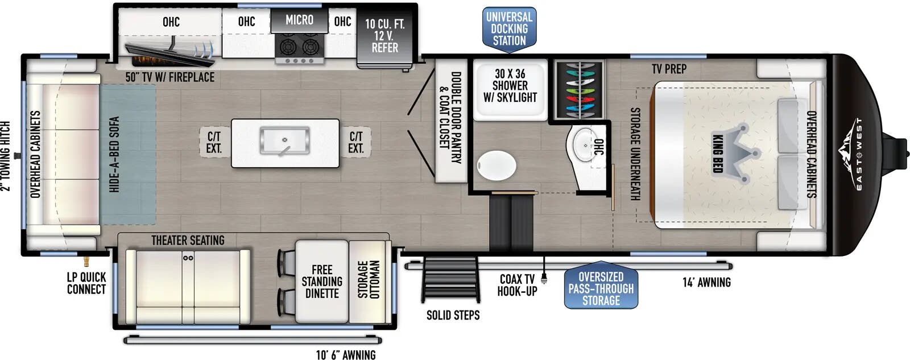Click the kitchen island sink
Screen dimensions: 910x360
pos(285,140)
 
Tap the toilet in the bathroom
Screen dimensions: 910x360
pos(497,165)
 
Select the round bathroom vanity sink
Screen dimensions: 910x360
pos(585,144)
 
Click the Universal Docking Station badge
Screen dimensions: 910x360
pos(510,29)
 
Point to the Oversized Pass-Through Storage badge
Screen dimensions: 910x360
pos(601,288)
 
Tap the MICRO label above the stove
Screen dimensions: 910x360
pos(299,19)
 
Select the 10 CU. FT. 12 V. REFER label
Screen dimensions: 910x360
pos(384,36)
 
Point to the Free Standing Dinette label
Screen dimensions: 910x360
pos(322,282)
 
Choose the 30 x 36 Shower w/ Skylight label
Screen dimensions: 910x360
pos(510,85)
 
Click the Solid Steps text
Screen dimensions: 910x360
pos(453,315)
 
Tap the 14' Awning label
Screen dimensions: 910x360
pos(706,282)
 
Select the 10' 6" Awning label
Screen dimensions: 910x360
pos(346,355)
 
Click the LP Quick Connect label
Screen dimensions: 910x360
pos(86,283)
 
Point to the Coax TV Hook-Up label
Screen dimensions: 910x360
pos(517,285)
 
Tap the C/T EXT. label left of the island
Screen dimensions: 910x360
pos(214,142)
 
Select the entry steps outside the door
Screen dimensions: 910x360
pos(450,280)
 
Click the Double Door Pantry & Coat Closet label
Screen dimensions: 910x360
pos(450,118)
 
